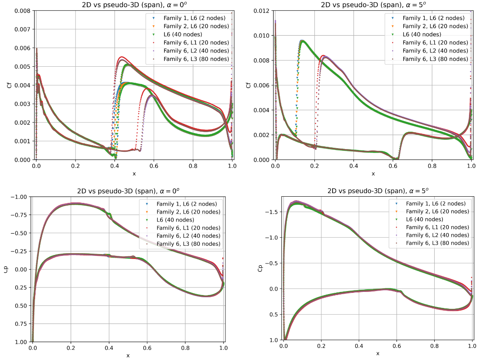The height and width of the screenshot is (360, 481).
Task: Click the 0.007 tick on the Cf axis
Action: click(22, 29)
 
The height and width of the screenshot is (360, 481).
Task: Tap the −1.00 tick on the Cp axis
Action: click(19, 197)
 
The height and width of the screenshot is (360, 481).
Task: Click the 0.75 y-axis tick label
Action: click(20, 324)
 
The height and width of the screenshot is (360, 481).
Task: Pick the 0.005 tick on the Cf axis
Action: click(22, 67)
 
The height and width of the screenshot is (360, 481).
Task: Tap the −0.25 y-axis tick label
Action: click(19, 251)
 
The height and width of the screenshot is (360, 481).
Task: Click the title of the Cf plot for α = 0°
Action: click(133, 5)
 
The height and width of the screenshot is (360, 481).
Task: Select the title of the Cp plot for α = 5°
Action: click(377, 190)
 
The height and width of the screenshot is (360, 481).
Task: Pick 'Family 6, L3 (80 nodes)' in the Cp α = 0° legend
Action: click(188, 244)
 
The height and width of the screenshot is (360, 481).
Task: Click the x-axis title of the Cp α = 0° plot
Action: click(128, 355)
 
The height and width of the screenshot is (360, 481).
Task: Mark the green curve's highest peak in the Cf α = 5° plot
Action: click(302, 41)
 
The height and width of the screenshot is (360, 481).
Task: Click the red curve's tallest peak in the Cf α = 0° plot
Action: click(121, 57)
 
